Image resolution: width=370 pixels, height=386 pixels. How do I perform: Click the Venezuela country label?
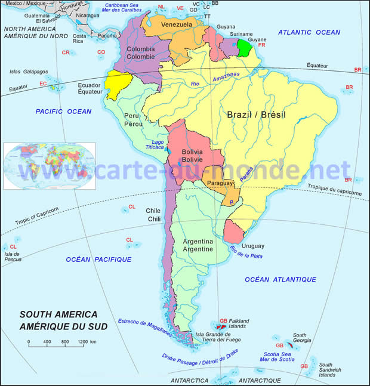[x=177, y=24]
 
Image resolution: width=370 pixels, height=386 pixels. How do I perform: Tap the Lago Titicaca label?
[x=158, y=144]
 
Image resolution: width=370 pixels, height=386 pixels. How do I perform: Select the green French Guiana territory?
[x=243, y=48]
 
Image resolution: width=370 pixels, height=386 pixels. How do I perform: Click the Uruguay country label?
[x=253, y=246]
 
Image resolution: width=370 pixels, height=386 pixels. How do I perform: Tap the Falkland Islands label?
[x=238, y=324]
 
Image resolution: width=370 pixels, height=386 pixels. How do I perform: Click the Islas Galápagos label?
[x=28, y=72]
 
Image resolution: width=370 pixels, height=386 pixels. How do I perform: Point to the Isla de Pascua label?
[x=13, y=257]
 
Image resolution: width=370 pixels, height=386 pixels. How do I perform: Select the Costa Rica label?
[x=79, y=39]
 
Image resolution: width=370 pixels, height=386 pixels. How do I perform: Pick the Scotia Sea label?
[x=279, y=356]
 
